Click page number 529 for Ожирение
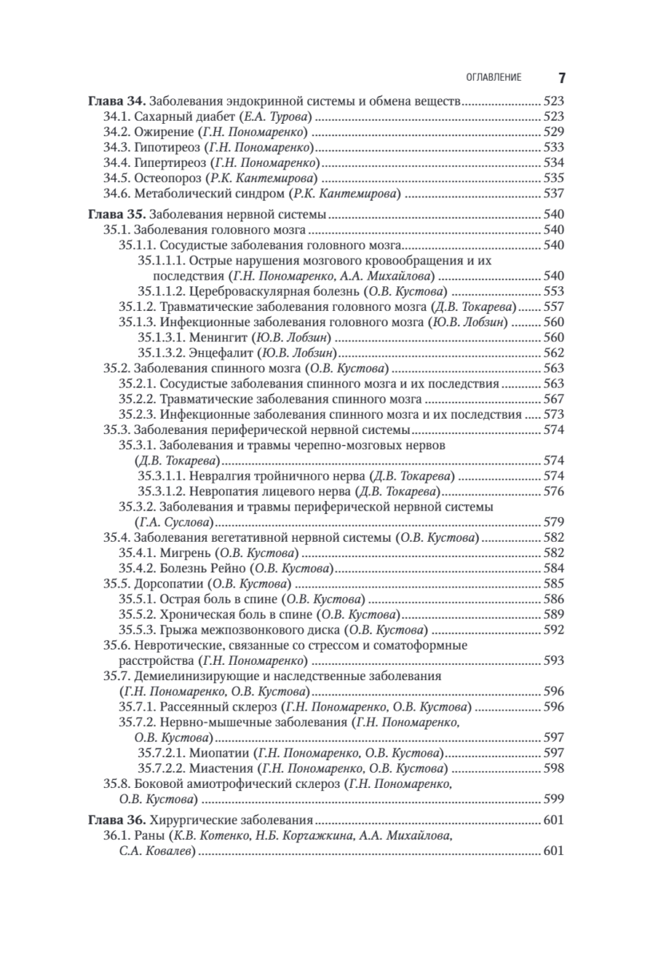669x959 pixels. tap(553, 132)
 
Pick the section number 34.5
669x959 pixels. tap(118, 177)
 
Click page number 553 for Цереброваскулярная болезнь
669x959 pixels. tap(553, 291)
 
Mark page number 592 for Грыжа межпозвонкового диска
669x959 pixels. tap(553, 629)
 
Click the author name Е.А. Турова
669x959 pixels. tap(279, 117)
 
